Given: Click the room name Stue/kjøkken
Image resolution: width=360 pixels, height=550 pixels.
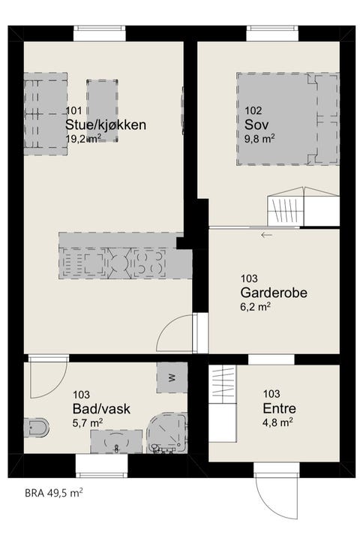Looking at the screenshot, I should coord(105,125).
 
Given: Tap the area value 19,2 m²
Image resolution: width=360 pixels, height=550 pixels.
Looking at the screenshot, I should coord(84,140).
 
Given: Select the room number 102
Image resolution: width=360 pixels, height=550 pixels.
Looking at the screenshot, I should coord(254,109).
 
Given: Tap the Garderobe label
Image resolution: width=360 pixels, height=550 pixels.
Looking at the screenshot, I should coord(274,292).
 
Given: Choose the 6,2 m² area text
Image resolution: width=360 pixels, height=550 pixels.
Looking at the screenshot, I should coord(256,306).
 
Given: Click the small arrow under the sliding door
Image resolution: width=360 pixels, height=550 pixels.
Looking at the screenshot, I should coord(266,236).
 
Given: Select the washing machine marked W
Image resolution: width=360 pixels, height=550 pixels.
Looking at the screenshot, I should coord(172,377).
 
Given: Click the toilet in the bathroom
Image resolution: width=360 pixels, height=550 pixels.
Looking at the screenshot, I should coord(36,428).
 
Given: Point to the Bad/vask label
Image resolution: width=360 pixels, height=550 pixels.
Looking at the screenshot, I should coord(101,408).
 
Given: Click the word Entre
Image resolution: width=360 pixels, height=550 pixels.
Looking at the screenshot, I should coord(279,408).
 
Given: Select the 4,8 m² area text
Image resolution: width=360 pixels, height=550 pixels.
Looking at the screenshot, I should coord(277,422).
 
